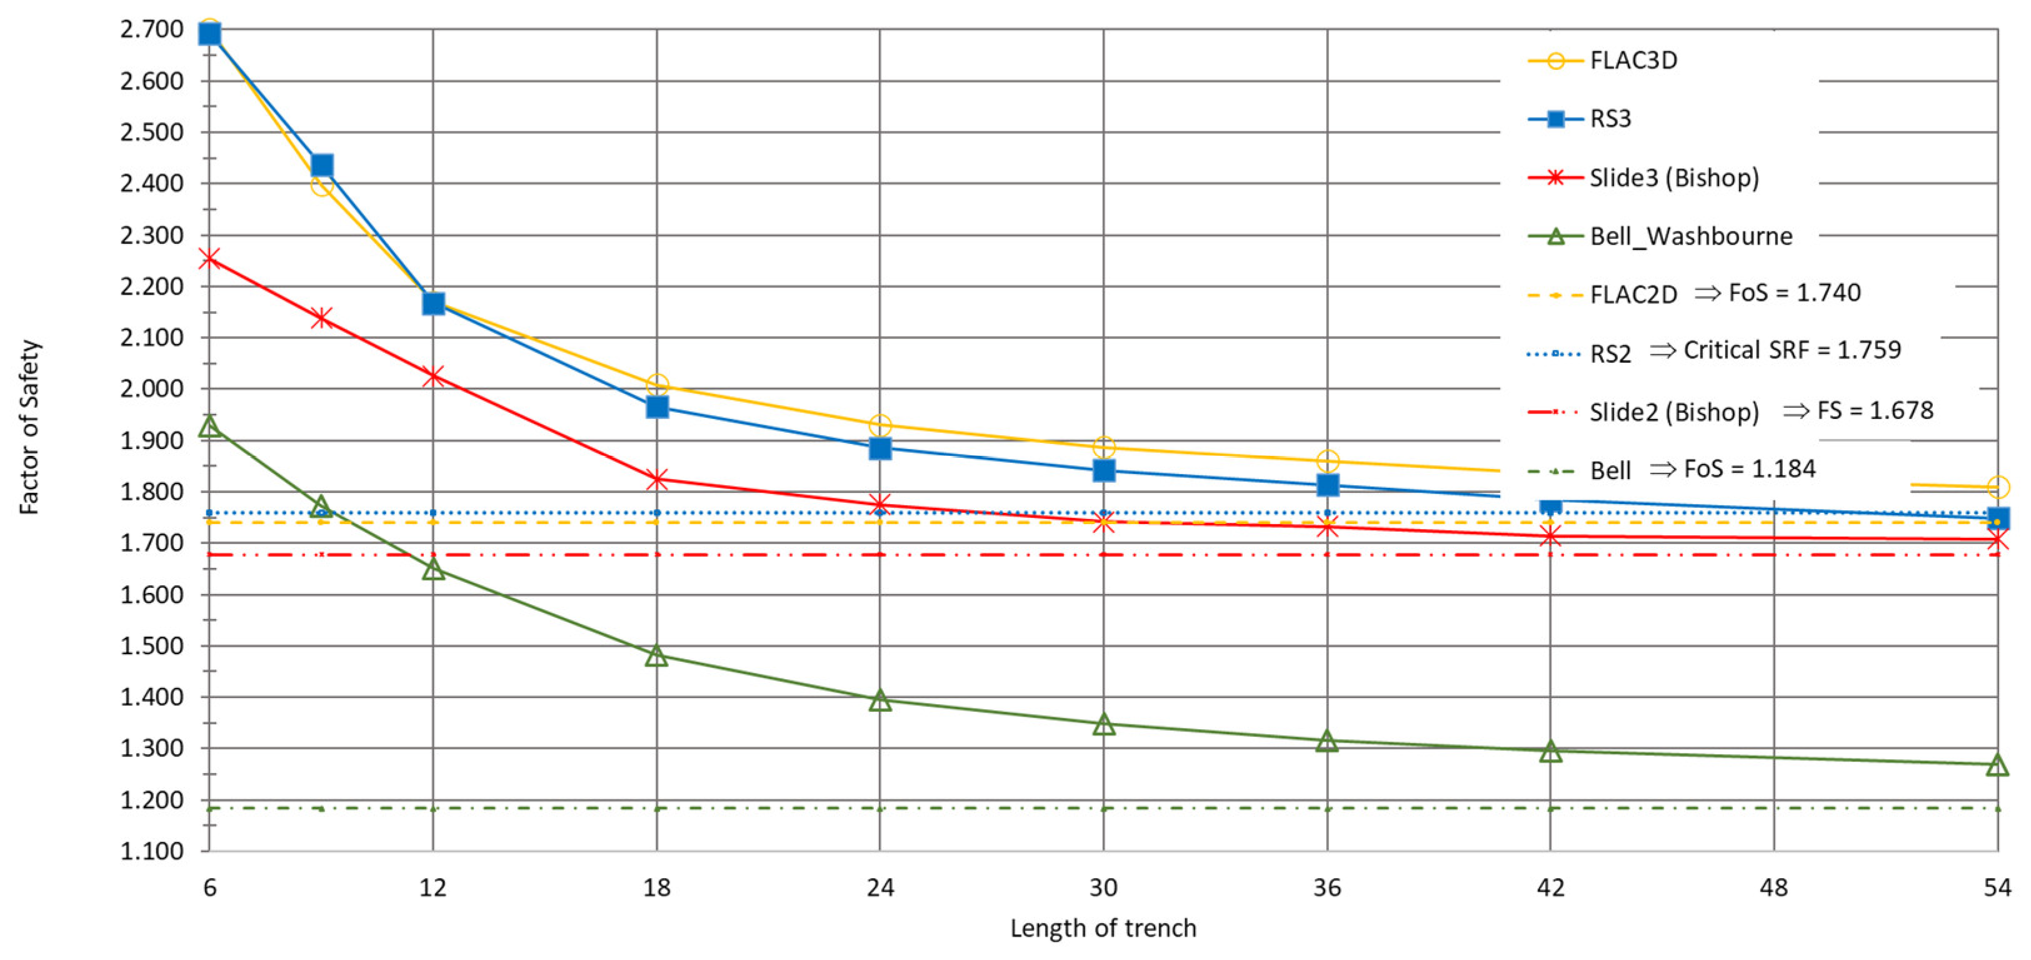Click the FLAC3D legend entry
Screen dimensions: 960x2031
pyautogui.click(x=1633, y=61)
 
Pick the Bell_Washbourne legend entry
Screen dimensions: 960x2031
pyautogui.click(x=1690, y=236)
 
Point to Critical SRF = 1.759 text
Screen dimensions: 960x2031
pyautogui.click(x=1792, y=350)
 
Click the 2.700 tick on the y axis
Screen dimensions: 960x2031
pyautogui.click(x=151, y=30)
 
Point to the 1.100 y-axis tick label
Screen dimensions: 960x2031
pyautogui.click(x=151, y=851)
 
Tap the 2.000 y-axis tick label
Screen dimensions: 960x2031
pyautogui.click(x=151, y=389)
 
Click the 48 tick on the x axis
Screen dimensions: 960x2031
pyautogui.click(x=1774, y=888)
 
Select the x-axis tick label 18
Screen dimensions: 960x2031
pyautogui.click(x=657, y=888)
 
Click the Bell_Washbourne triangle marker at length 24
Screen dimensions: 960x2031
pyautogui.click(x=880, y=700)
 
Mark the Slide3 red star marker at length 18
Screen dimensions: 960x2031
pyautogui.click(x=657, y=479)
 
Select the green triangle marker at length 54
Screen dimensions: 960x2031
pyautogui.click(x=1997, y=764)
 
